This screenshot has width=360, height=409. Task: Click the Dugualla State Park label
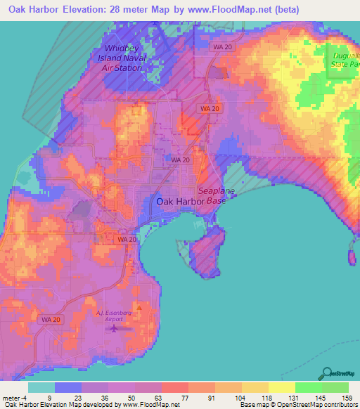pos(345,59)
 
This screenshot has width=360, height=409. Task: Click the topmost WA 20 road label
pos(220,46)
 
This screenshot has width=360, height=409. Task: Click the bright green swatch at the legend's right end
pos(335,387)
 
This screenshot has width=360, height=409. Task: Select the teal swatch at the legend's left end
pos(41,387)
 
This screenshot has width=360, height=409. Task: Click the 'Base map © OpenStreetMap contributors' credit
pos(299,404)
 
